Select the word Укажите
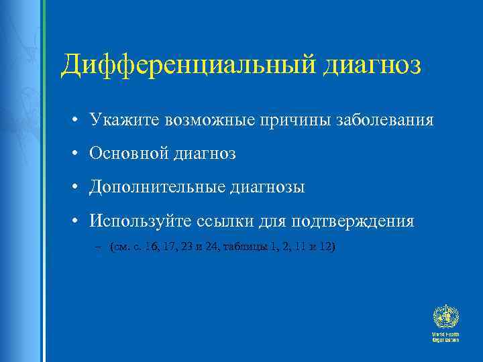pyautogui.click(x=120, y=121)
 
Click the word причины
pyautogui.click(x=278, y=121)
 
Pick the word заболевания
pyautogui.click(x=376, y=121)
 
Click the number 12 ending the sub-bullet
pyautogui.click(x=325, y=247)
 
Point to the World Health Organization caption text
pyautogui.click(x=445, y=337)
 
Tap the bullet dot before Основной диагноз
pyautogui.click(x=78, y=155)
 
